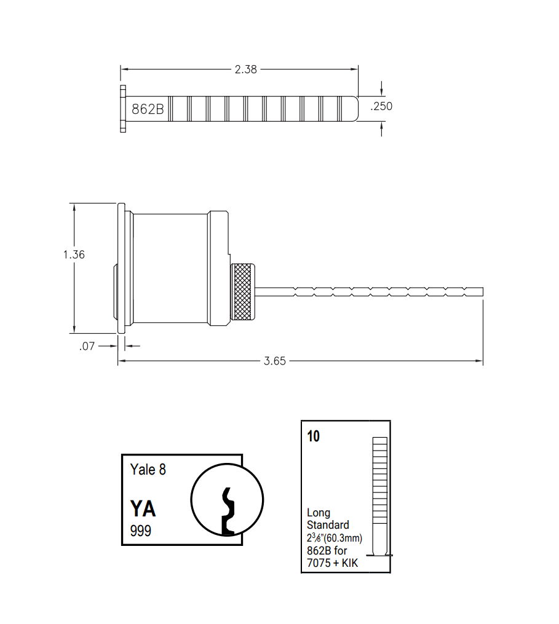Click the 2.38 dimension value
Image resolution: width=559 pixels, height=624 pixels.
point(245,69)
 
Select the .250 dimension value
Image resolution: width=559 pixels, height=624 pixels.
point(381,106)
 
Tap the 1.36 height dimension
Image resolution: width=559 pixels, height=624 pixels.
point(74,255)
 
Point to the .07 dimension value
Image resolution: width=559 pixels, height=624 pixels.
point(87,346)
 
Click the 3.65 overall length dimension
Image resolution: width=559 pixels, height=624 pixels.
point(275,361)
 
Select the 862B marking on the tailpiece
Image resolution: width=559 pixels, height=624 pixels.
point(148,109)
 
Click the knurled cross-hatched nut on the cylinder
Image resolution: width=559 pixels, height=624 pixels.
point(244,292)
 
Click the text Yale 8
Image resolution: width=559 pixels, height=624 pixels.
point(148,470)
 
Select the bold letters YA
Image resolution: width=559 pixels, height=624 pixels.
point(143,509)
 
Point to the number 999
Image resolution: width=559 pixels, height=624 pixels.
point(140,531)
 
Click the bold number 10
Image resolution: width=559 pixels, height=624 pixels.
point(314,436)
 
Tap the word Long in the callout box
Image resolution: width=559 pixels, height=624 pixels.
point(319,513)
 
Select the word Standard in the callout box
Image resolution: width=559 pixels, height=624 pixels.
point(328,525)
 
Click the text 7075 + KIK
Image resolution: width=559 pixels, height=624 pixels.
point(332,563)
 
